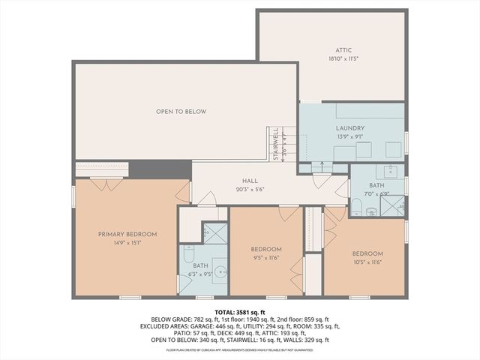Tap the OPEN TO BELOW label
point(181,112)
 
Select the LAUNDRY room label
point(349,129)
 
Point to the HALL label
point(250,181)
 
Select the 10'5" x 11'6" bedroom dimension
point(367,262)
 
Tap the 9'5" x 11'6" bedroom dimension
point(266,257)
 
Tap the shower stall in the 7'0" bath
point(393,205)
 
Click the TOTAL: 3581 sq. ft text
point(240,310)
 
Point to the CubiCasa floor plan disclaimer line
point(240,349)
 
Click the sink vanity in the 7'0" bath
point(391,170)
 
